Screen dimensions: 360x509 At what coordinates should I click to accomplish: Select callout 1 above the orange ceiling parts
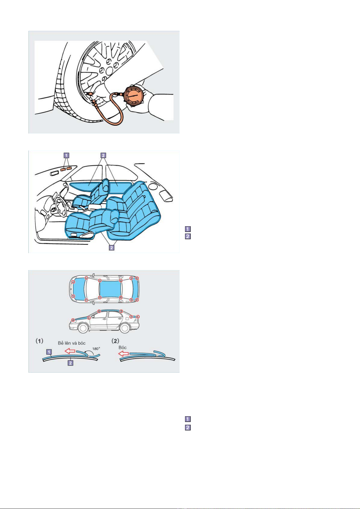click(66, 156)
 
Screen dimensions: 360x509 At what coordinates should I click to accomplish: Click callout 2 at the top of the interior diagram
click(103, 156)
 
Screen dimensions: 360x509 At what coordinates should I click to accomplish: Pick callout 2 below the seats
click(112, 247)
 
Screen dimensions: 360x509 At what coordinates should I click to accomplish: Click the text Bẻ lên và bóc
click(72, 343)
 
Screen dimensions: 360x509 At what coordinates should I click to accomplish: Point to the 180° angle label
click(96, 349)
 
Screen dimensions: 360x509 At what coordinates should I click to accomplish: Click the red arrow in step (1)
click(70, 351)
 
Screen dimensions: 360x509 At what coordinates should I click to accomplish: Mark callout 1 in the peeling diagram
click(49, 352)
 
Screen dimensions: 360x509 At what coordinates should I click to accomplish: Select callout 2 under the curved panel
click(70, 363)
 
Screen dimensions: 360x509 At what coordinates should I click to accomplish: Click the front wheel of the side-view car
click(83, 328)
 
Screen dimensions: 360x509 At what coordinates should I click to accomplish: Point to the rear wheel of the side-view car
click(125, 328)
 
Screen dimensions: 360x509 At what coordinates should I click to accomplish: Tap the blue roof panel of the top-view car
click(111, 289)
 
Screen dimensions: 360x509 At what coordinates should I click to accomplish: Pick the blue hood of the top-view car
click(79, 289)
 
